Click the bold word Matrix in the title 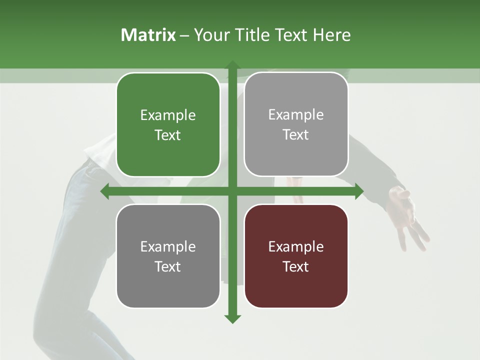[x=148, y=35]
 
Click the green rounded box [x=168, y=125]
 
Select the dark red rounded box [x=296, y=256]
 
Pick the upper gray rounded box [x=296, y=124]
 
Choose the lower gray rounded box [x=168, y=256]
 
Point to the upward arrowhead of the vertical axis [x=232, y=65]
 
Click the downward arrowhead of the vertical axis [x=232, y=319]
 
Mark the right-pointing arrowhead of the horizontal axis [x=359, y=191]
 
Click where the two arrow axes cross [x=232, y=191]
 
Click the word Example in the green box [x=168, y=115]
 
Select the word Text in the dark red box [x=296, y=266]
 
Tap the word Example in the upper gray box [x=296, y=115]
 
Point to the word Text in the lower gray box [x=168, y=266]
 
